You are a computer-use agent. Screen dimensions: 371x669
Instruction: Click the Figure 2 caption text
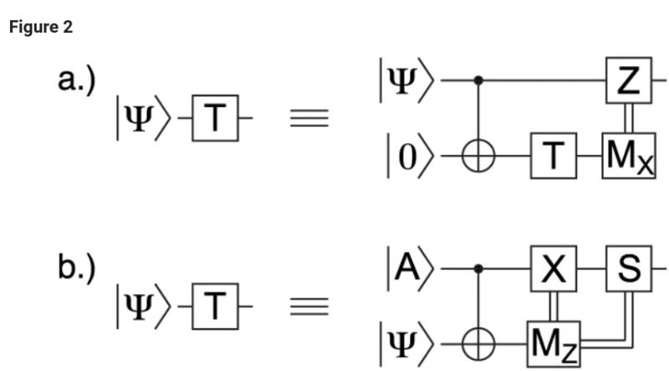coord(41,28)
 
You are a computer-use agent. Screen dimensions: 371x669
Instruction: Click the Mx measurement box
coord(626,156)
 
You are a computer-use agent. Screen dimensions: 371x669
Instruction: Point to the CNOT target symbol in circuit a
coord(478,157)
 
